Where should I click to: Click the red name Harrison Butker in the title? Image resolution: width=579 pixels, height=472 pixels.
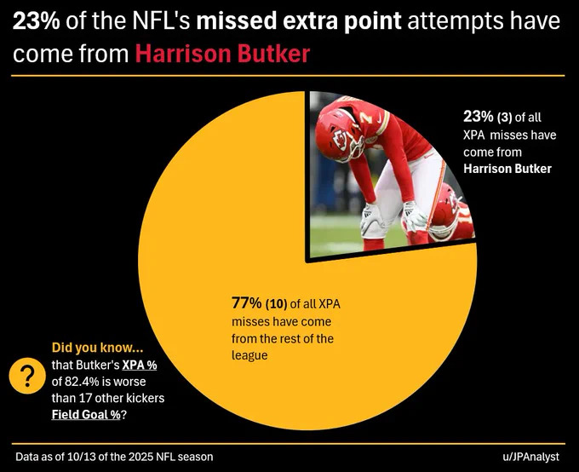click(x=222, y=55)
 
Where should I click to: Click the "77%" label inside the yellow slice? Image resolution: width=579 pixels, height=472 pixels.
click(x=247, y=303)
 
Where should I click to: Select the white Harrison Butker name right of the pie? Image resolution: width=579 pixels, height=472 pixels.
click(x=507, y=169)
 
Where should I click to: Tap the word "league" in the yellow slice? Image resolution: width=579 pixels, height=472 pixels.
click(x=250, y=355)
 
